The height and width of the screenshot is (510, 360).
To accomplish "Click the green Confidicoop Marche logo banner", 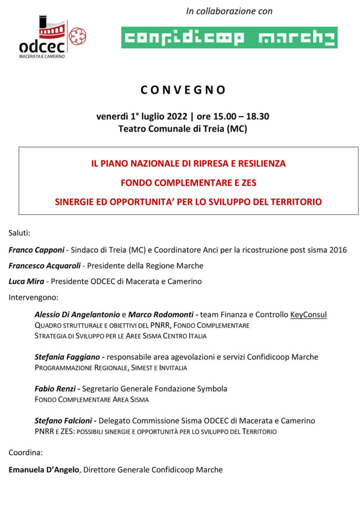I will point(229,37).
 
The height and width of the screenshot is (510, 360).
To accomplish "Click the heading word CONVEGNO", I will point(183,90).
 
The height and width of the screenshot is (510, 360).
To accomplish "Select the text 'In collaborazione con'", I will point(229,11).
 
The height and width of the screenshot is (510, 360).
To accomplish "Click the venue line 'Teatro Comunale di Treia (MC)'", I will point(183,129).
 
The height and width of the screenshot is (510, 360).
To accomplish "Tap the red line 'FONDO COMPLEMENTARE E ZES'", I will point(188,183).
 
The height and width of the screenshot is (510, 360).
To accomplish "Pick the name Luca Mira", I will point(26,281).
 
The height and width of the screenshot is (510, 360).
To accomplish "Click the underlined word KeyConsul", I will point(308,315).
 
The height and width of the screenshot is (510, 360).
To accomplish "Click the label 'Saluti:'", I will point(20,233).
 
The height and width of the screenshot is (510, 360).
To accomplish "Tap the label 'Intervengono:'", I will point(33,298).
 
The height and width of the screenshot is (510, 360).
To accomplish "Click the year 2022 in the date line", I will point(177,117).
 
